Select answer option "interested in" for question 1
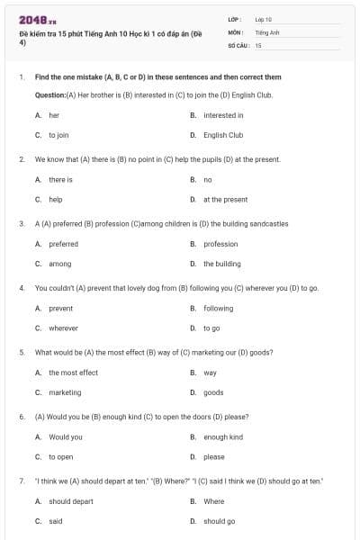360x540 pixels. (222, 115)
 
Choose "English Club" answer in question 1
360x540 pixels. (222, 135)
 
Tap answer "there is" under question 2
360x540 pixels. (60, 180)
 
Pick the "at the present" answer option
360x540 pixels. (225, 200)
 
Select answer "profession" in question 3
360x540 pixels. (220, 244)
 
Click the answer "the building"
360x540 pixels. (221, 264)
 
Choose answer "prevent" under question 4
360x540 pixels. (60, 309)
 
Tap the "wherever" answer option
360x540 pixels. (63, 328)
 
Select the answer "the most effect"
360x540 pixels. (73, 373)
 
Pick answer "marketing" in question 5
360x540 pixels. (65, 392)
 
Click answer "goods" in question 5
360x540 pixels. (213, 392)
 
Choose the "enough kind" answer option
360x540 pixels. (222, 437)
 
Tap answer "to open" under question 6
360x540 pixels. (61, 457)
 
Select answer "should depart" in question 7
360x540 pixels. (70, 501)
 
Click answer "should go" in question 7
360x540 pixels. (219, 521)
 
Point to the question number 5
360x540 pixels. (21, 352)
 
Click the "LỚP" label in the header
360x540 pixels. (235, 19)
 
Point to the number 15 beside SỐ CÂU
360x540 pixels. (258, 44)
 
